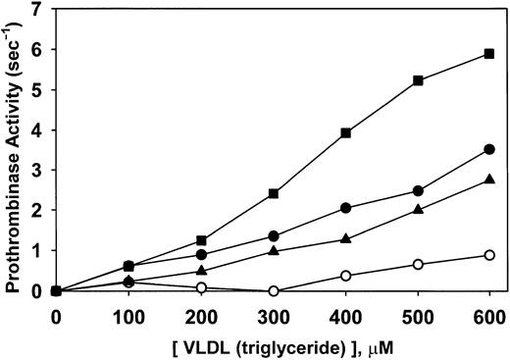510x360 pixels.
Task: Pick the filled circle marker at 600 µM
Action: click(489, 149)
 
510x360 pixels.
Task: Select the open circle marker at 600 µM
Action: click(489, 255)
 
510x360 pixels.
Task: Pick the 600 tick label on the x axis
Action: click(489, 315)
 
